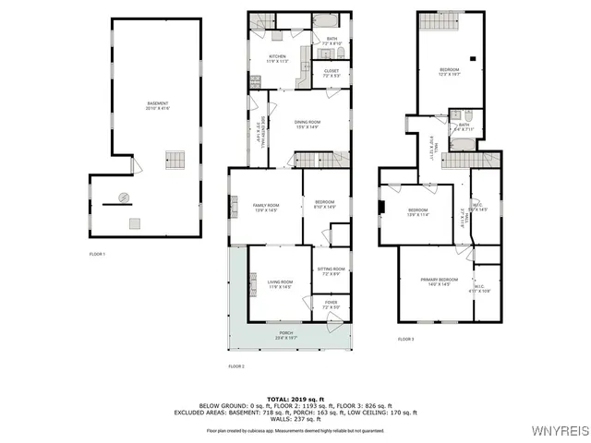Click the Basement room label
click(x=160, y=105)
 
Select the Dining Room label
click(x=308, y=125)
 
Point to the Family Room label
click(x=266, y=207)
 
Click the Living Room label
click(x=280, y=284)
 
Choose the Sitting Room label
click(x=332, y=271)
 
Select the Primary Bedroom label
click(x=439, y=281)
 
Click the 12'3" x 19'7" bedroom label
click(x=451, y=72)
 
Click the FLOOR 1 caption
click(x=97, y=254)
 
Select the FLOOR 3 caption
click(x=406, y=340)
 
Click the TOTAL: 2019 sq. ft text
click(x=295, y=398)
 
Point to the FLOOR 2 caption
click(x=236, y=366)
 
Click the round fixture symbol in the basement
click(x=123, y=196)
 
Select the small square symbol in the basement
click(x=135, y=222)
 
